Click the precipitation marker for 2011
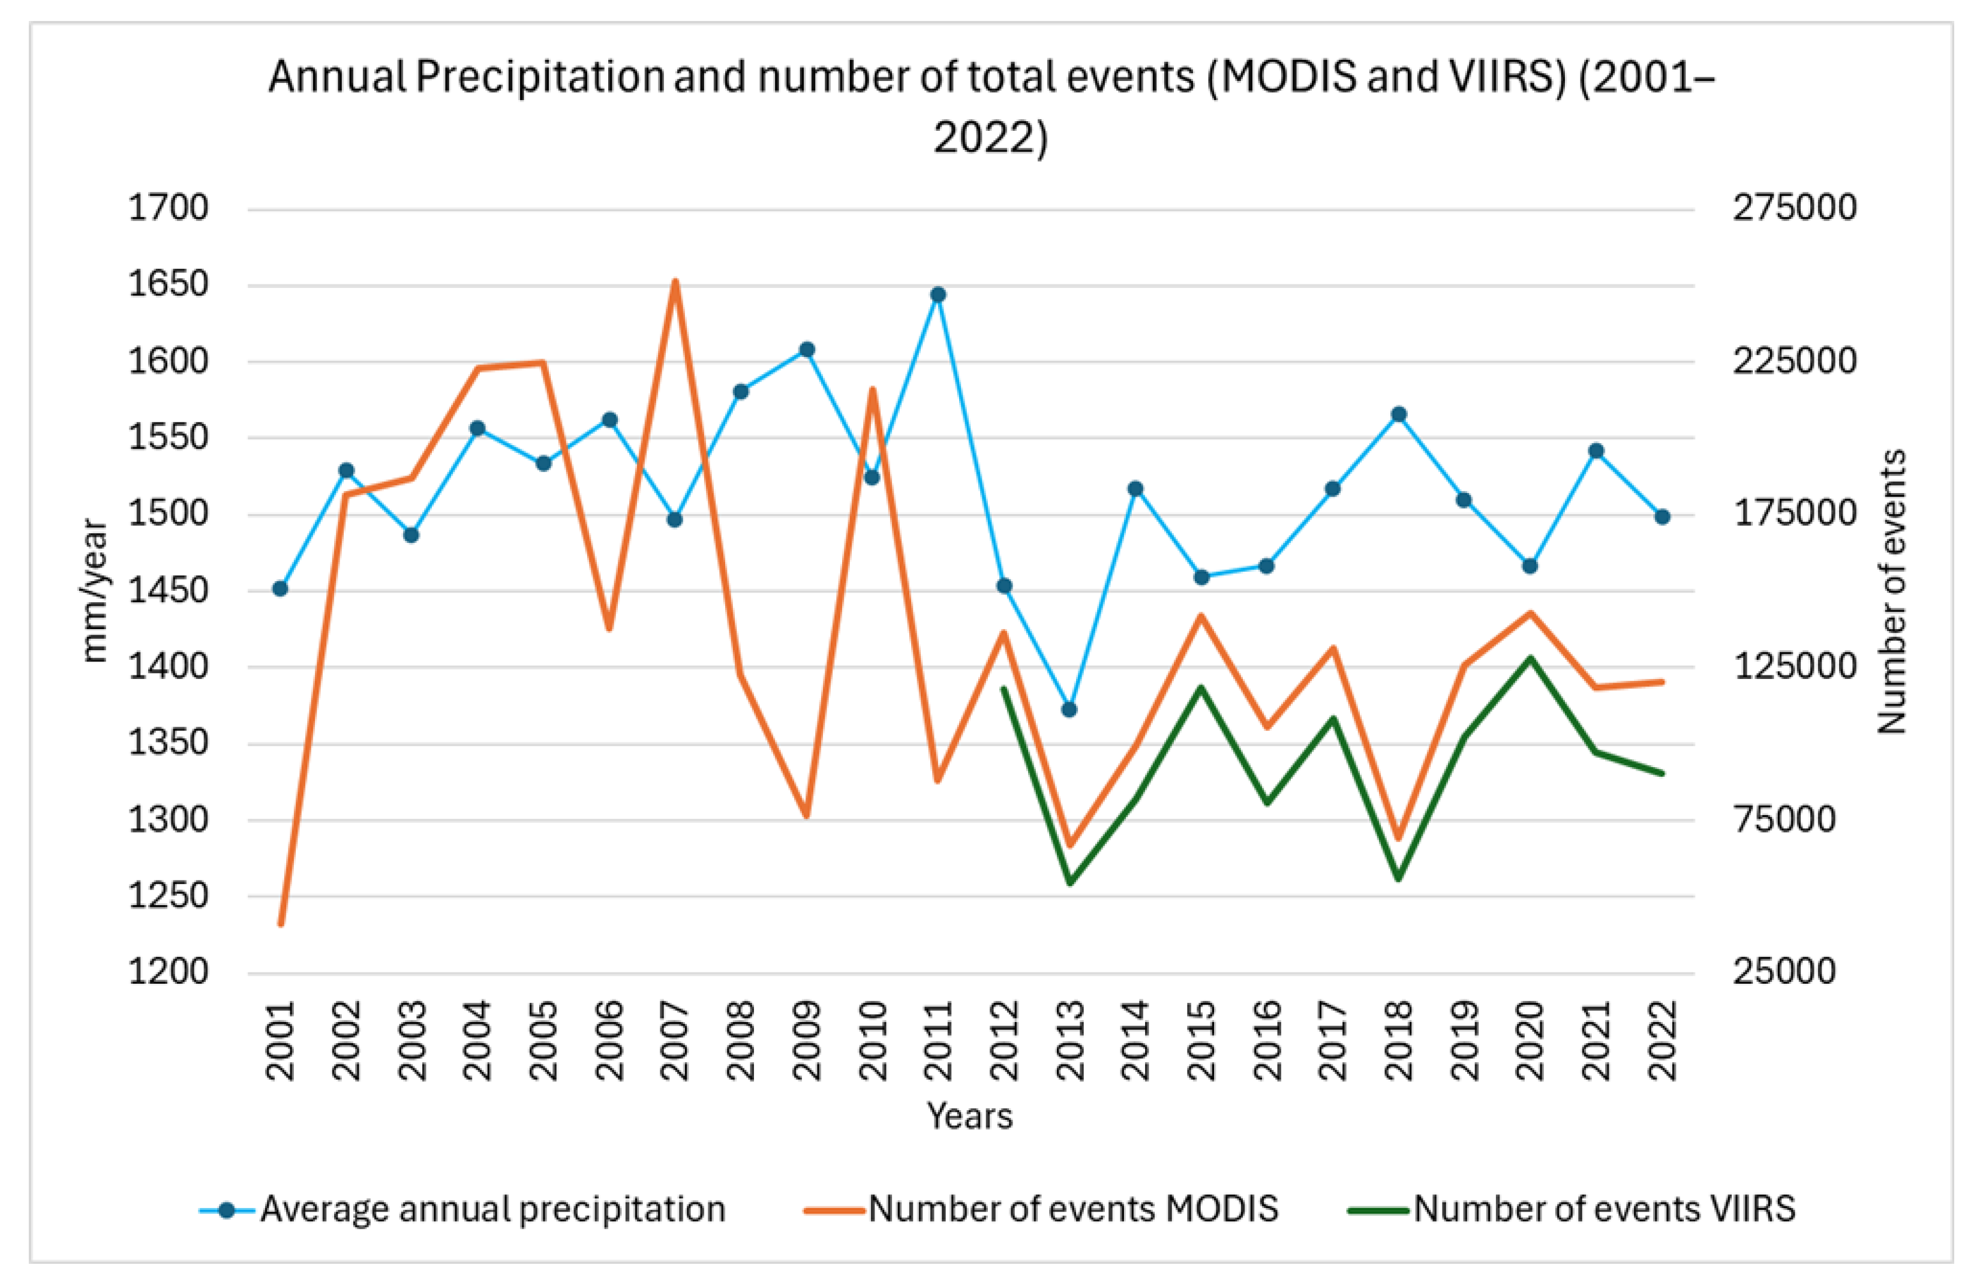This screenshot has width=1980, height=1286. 938,295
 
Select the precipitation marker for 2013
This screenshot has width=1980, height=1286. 1070,710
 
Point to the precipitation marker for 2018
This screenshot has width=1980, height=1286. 1399,414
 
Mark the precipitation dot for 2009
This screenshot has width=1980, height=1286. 807,349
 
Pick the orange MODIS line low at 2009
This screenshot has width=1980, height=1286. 806,815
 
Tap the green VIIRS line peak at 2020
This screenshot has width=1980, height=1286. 1530,658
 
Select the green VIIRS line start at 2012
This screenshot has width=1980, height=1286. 1003,688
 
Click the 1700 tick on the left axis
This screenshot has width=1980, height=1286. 168,208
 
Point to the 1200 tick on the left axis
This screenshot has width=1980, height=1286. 168,972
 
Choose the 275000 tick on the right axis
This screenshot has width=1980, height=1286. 1795,208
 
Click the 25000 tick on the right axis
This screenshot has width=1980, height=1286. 1784,972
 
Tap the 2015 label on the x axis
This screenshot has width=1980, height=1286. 1201,1041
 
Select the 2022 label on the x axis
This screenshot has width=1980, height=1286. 1662,1041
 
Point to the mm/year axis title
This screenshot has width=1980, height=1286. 95,591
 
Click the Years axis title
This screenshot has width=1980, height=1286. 970,1116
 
